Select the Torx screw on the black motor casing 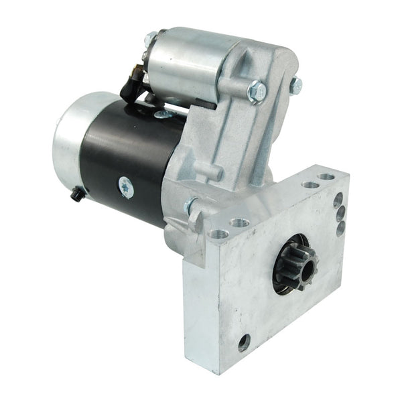pyautogui.click(x=125, y=188)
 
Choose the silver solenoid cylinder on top pyautogui.click(x=181, y=64)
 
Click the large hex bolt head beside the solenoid pyautogui.click(x=257, y=92)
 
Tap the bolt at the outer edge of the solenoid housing pyautogui.click(x=295, y=85)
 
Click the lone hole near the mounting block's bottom pyautogui.click(x=244, y=342)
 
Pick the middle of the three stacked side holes pyautogui.click(x=340, y=214)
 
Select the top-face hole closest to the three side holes pyautogui.click(x=326, y=178)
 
